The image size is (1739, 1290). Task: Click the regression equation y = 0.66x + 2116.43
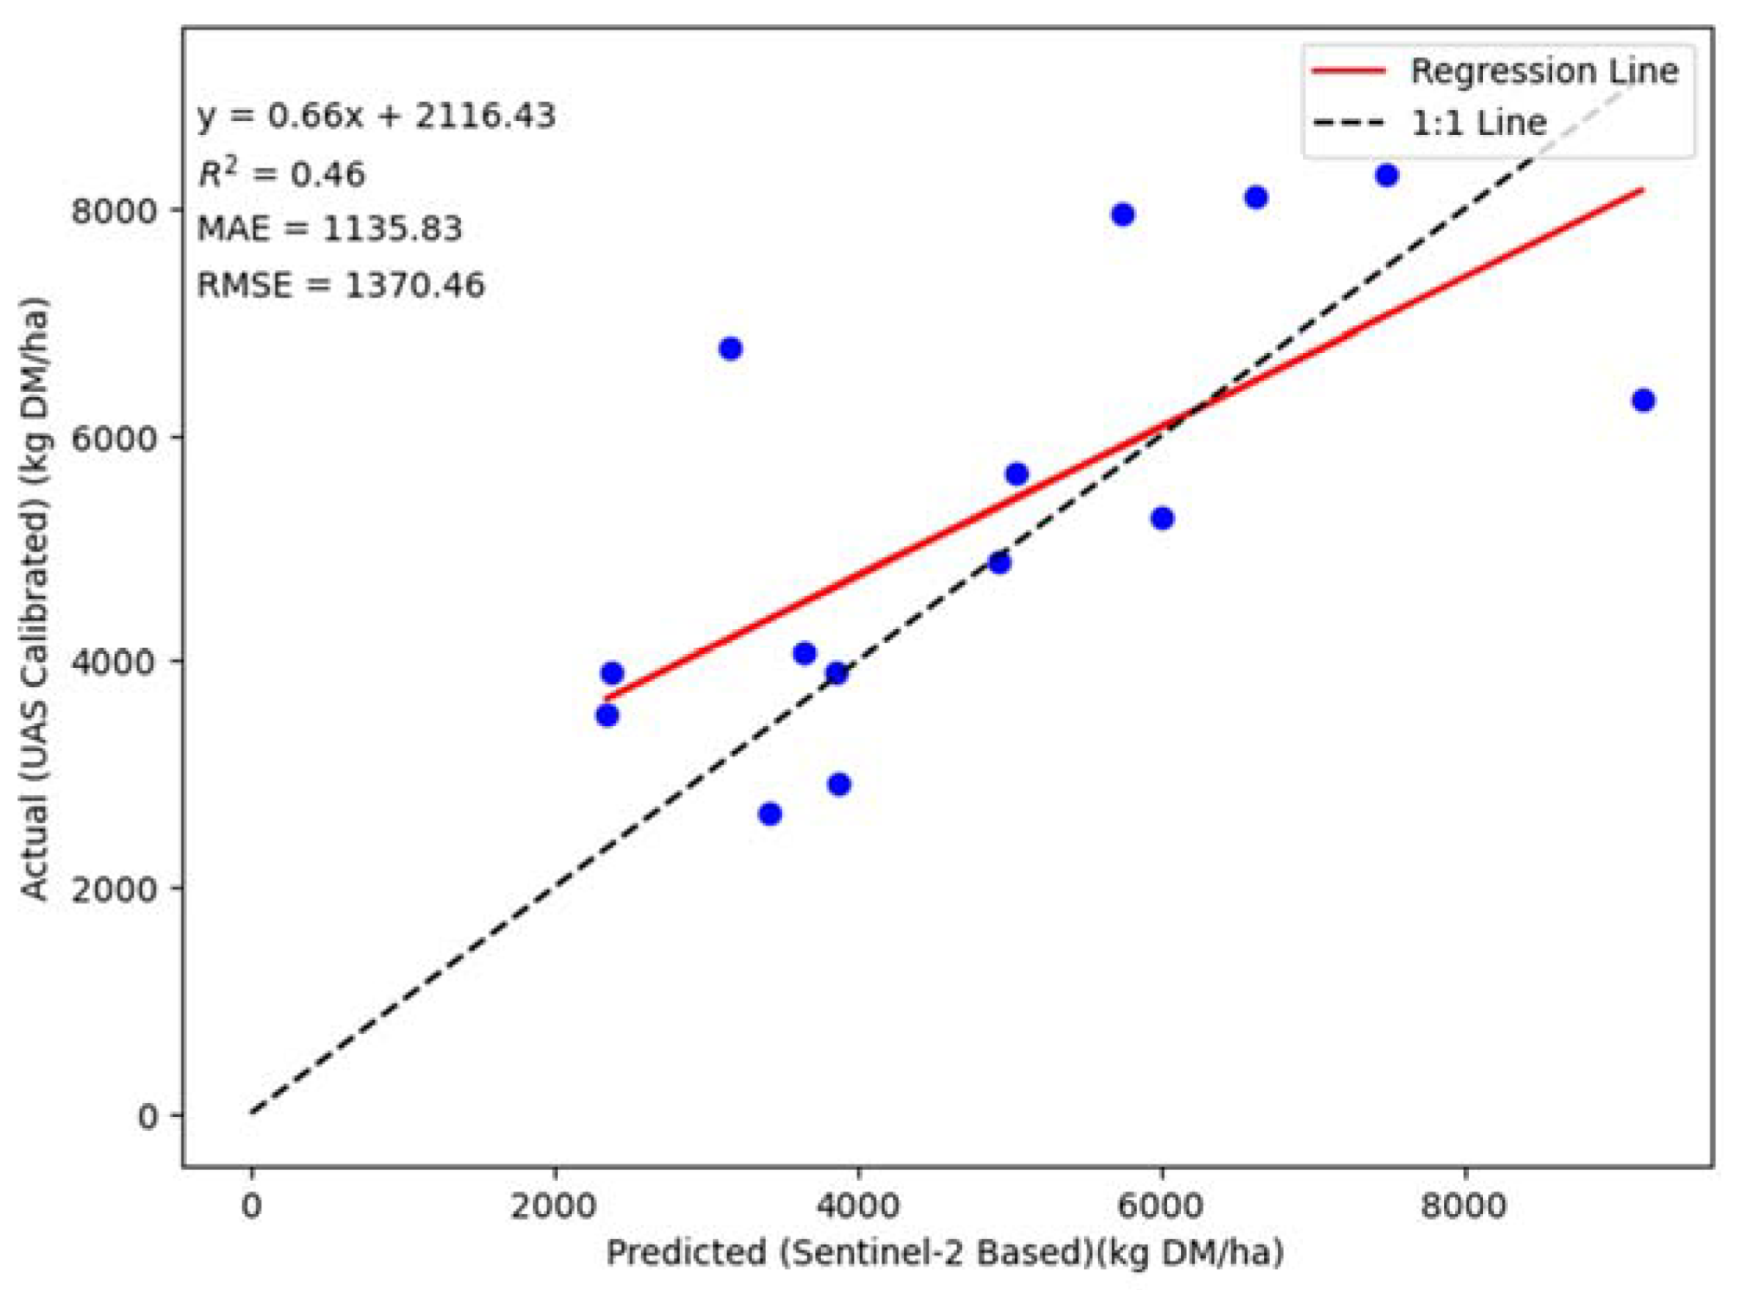tap(376, 116)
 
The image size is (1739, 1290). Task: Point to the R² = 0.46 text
tap(281, 174)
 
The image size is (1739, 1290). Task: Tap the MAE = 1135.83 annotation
tap(330, 229)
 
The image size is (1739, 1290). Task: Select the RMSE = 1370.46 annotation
tap(341, 285)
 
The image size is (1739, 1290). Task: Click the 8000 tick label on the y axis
tap(113, 211)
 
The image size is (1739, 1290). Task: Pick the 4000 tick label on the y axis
tap(113, 662)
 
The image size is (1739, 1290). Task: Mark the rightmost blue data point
tap(1643, 401)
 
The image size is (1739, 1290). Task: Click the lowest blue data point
tap(770, 814)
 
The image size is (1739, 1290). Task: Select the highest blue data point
tap(1387, 176)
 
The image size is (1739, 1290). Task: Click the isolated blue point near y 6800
tap(730, 349)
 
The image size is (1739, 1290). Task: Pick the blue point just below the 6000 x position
tap(1162, 518)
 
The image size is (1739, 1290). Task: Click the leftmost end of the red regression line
tap(606, 697)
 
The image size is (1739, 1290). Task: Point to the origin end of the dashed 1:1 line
tap(252, 1112)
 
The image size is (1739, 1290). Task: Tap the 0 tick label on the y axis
tap(148, 1115)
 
